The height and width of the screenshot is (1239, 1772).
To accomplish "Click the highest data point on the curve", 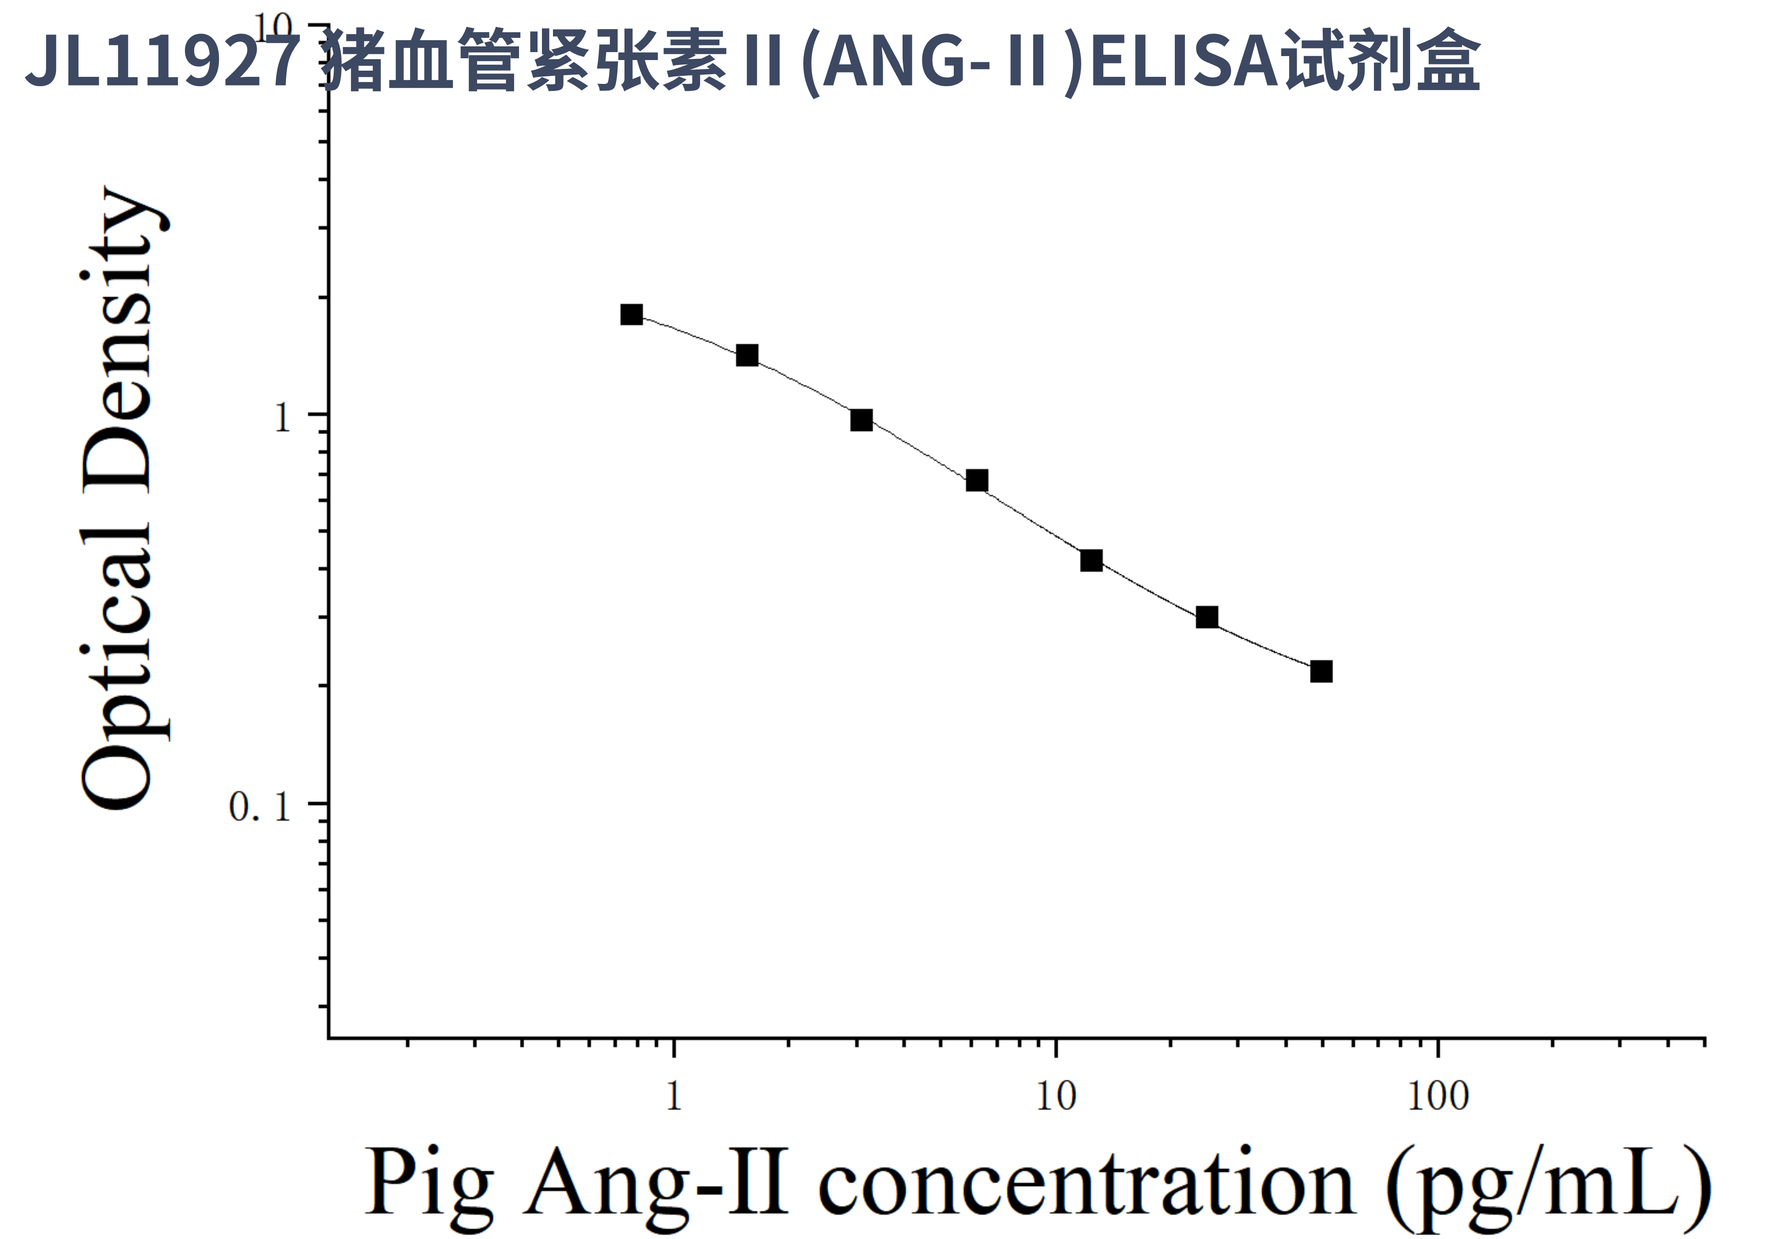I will pos(631,314).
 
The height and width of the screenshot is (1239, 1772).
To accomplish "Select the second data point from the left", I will pos(746,355).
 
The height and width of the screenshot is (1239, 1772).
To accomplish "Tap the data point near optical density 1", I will pos(862,420).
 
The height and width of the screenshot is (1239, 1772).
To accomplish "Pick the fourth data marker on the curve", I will pos(976,480).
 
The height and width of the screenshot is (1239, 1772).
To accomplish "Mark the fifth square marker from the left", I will pos(1091,560).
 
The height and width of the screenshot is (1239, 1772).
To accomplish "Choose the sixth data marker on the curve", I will pos(1206,617).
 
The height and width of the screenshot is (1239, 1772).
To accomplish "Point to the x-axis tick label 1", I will pos(674,1096).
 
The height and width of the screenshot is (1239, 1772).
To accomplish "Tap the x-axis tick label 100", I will pos(1437,1096).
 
